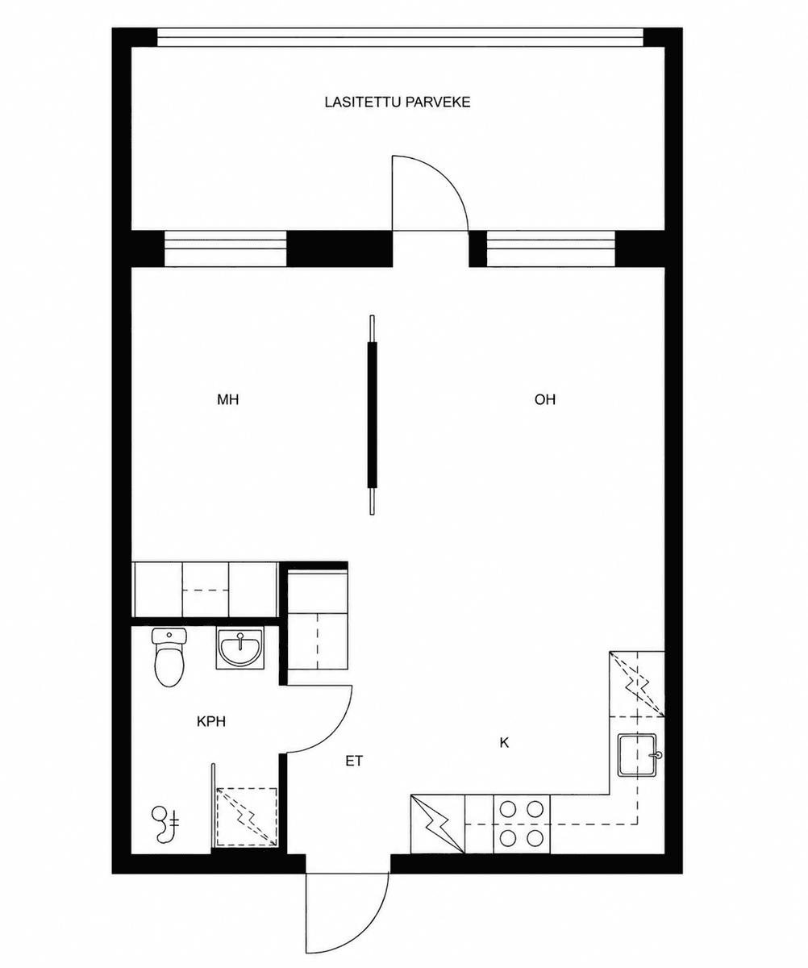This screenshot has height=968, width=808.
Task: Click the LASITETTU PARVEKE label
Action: click(x=398, y=102)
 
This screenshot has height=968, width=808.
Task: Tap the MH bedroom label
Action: click(x=227, y=399)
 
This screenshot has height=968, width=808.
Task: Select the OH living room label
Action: click(x=544, y=399)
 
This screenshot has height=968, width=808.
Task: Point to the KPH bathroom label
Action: click(x=211, y=722)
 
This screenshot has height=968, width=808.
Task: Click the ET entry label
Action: click(x=354, y=761)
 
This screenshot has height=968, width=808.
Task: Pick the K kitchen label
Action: click(x=504, y=743)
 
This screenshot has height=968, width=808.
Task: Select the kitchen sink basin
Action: click(x=639, y=755)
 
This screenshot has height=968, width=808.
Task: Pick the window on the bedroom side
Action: click(x=225, y=248)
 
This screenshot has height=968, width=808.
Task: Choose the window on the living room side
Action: click(x=551, y=248)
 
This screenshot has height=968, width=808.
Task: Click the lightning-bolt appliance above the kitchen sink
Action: click(x=637, y=684)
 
